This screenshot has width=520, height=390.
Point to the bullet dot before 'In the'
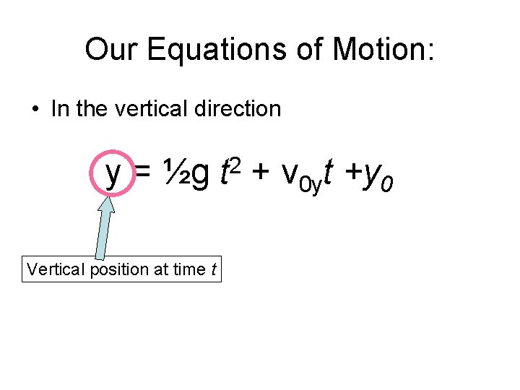pyautogui.click(x=35, y=110)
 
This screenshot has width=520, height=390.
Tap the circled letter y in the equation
pyautogui.click(x=113, y=173)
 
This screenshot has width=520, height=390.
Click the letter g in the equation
pyautogui.click(x=201, y=175)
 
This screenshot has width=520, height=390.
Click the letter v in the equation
pyautogui.click(x=290, y=175)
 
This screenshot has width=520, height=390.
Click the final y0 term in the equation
pyautogui.click(x=380, y=178)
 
